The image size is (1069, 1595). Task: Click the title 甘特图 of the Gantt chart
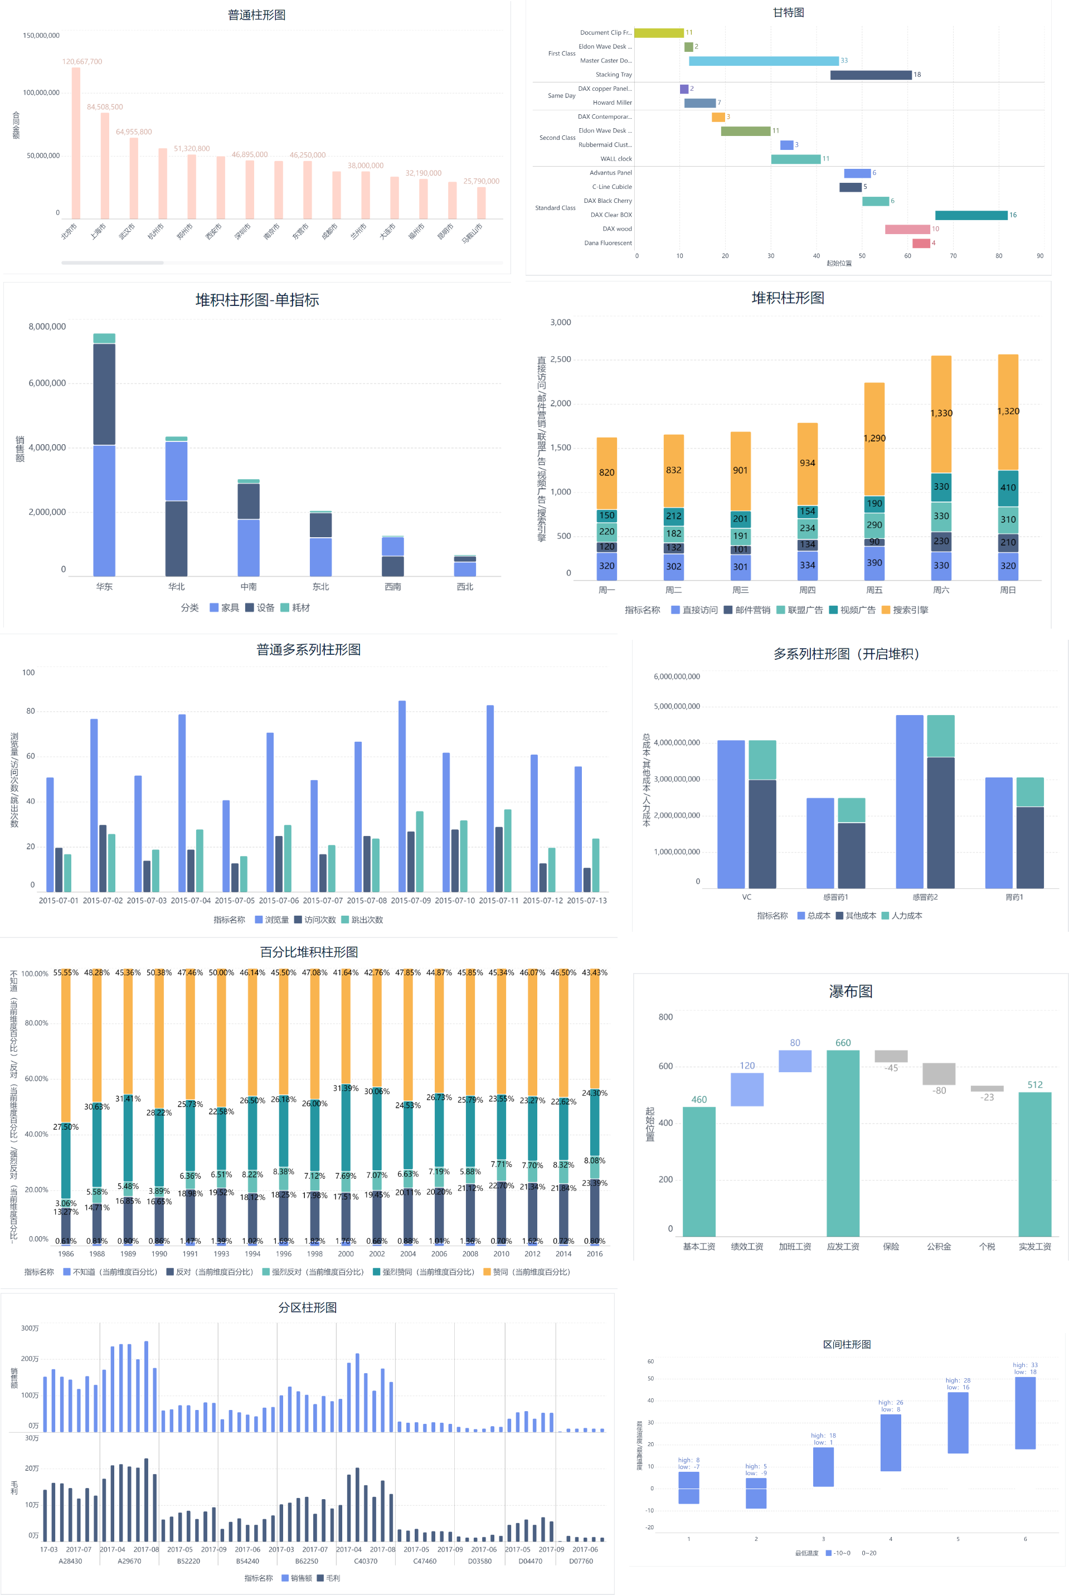tap(788, 12)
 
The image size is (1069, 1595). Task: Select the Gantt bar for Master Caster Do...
tap(763, 61)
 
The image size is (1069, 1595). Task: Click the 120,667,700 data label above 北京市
tap(82, 61)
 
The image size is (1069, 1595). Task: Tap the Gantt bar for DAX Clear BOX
tap(971, 215)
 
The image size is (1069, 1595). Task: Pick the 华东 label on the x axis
tap(104, 586)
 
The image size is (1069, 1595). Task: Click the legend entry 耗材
tap(300, 607)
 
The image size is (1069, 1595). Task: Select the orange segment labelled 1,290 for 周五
tap(874, 438)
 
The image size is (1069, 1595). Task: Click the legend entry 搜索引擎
tap(910, 610)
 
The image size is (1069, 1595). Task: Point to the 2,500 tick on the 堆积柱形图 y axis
tap(560, 359)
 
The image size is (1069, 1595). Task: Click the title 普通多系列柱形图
tap(308, 650)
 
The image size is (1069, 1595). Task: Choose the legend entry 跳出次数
tap(367, 920)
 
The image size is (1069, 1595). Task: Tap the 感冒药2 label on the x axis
tap(925, 897)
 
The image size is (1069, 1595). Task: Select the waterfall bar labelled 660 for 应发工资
tap(843, 1142)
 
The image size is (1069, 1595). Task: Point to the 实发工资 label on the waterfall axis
tap(1034, 1246)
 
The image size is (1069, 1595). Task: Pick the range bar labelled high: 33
tap(1024, 1412)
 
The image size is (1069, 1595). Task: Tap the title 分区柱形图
tap(308, 1307)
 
